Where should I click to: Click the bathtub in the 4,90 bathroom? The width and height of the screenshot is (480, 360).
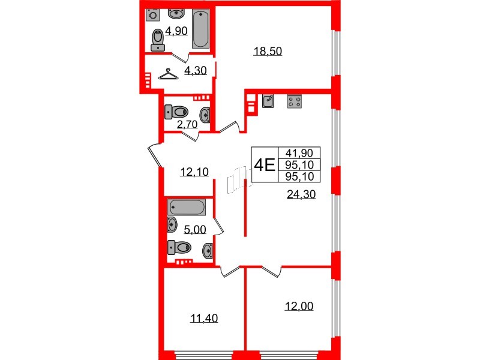pos(200,30)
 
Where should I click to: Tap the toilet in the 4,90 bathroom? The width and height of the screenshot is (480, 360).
pos(158,40)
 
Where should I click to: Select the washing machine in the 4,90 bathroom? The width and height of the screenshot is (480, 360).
pos(154,14)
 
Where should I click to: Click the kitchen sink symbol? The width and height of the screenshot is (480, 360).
pos(268,101)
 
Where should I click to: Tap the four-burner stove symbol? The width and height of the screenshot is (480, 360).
pos(294,101)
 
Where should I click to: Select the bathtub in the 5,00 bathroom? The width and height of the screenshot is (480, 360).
pos(187,208)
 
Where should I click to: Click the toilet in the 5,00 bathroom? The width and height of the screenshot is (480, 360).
pos(180,246)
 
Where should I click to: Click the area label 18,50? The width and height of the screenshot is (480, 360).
pos(268,52)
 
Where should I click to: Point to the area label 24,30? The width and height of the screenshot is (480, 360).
pos(301,194)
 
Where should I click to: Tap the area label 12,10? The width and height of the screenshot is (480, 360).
pos(194,172)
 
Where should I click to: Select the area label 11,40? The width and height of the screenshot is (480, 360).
pos(203,318)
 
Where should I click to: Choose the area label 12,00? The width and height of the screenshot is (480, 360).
pos(299,306)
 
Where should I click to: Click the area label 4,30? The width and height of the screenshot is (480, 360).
pos(195,70)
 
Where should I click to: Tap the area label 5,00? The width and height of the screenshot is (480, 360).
pos(194,228)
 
